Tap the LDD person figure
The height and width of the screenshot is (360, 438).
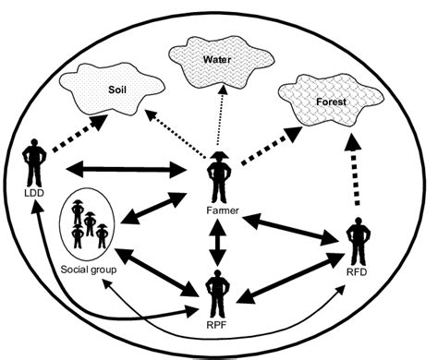[x=35, y=162]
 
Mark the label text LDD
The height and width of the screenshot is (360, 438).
[x=34, y=192]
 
